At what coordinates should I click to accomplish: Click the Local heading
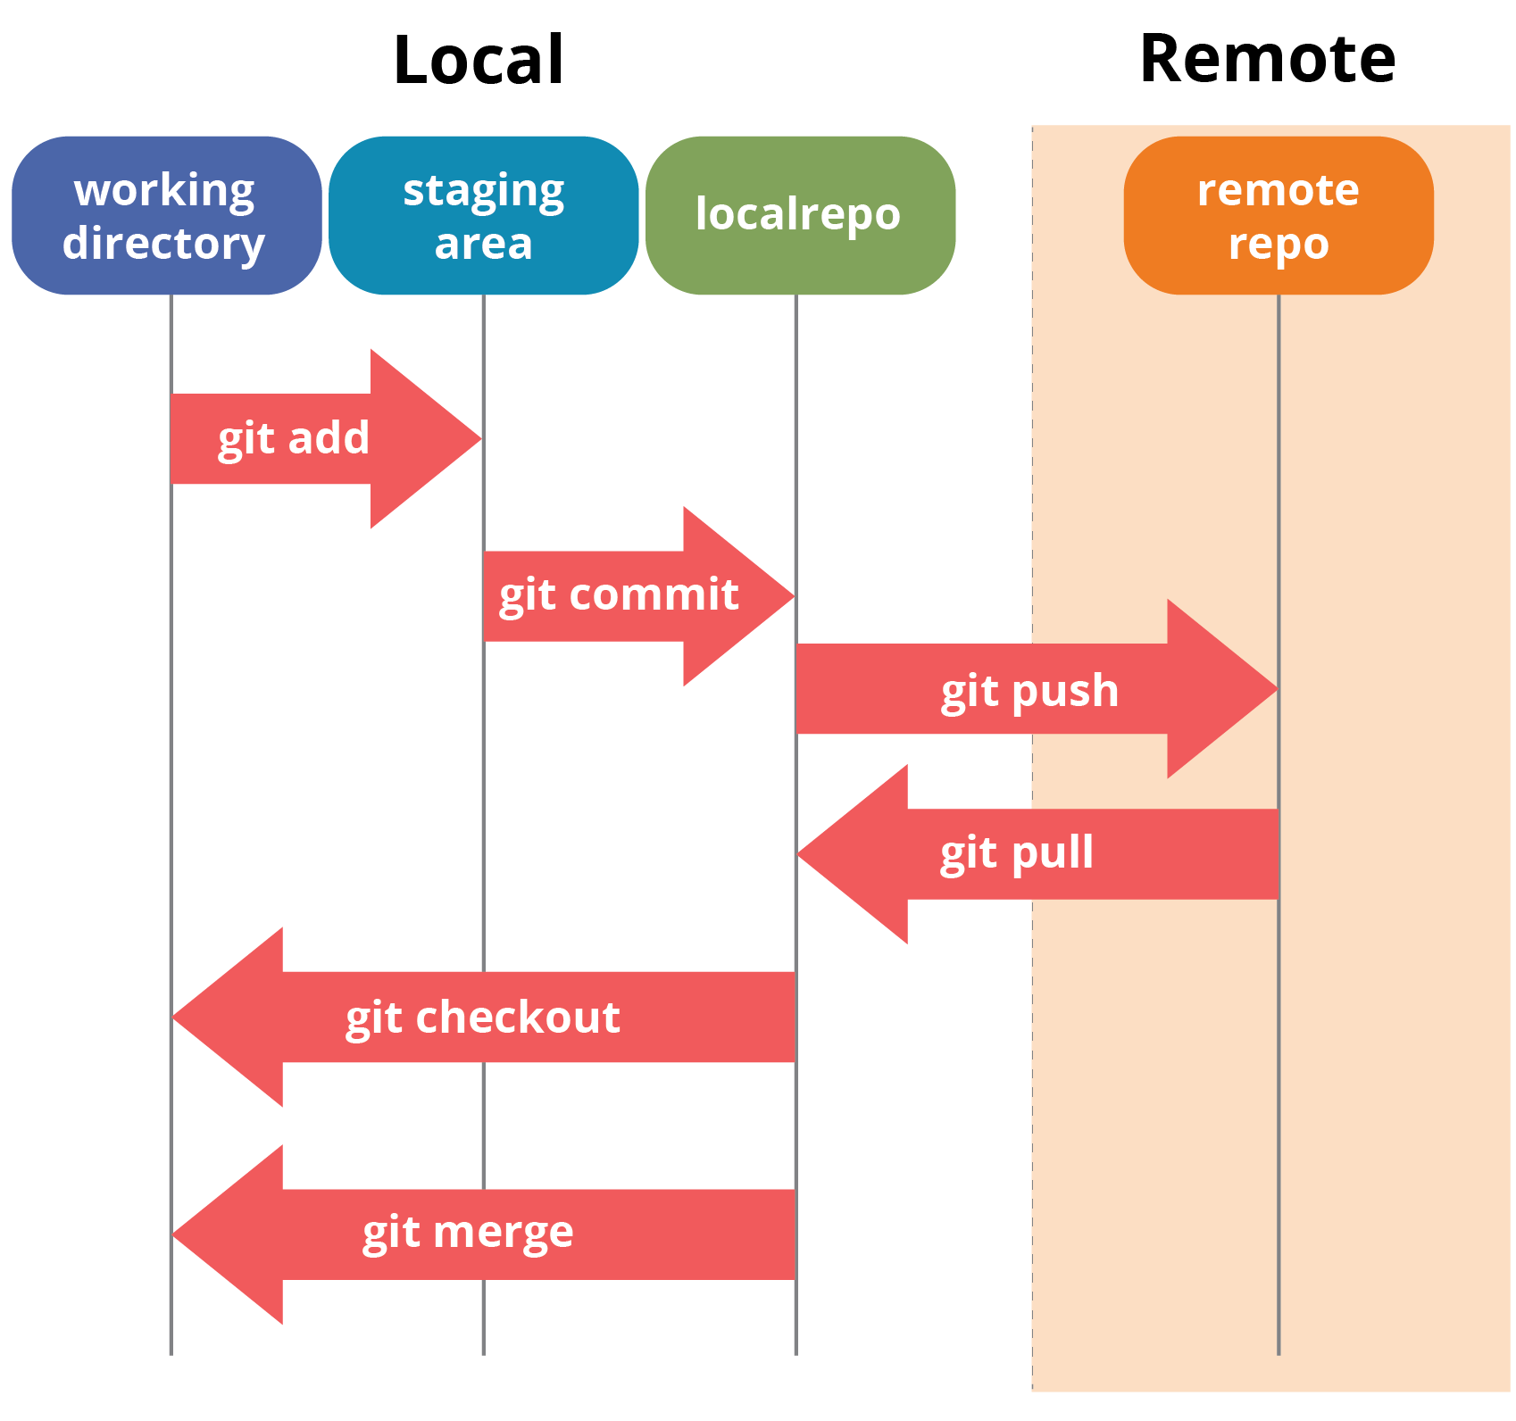tap(479, 61)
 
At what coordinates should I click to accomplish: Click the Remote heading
tap(1267, 59)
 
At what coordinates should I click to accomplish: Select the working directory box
tap(167, 215)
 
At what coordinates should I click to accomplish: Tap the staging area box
tap(483, 215)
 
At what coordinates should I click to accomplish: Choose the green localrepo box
tap(800, 215)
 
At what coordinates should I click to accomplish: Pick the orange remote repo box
tap(1278, 215)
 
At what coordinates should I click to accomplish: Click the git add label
tap(294, 438)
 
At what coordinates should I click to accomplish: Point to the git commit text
tap(619, 595)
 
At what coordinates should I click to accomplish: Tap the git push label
tap(1029, 691)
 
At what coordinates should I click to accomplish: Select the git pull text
tap(1017, 852)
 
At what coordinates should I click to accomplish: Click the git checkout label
tap(482, 1018)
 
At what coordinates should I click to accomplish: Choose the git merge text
tap(468, 1234)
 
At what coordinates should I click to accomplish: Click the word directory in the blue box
tap(163, 244)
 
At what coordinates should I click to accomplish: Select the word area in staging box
tap(483, 244)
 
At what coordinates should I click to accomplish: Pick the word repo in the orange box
tap(1278, 244)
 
